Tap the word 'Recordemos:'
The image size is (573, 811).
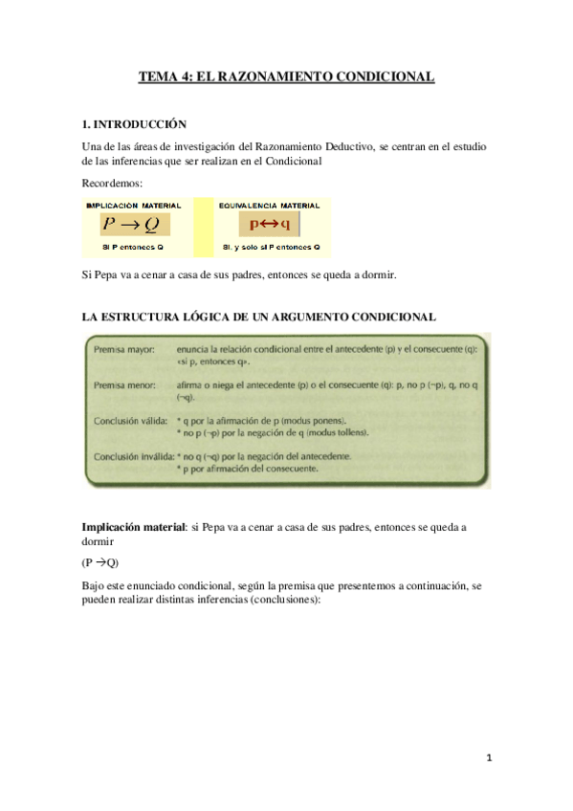112,183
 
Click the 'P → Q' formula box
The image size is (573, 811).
135,225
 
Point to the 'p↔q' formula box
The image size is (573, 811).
271,225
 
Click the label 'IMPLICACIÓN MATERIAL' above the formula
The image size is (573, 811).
134,206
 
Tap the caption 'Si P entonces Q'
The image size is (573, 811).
134,247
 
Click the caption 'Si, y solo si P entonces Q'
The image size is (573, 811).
271,247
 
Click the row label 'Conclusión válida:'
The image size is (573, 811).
130,420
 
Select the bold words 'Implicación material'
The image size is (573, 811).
134,527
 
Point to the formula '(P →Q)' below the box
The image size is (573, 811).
100,561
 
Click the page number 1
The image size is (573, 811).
487,758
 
